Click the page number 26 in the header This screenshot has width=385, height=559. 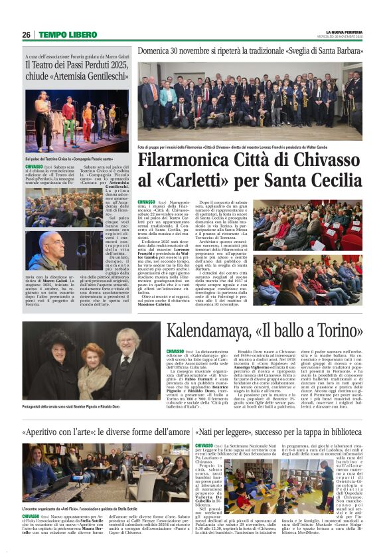click(26, 35)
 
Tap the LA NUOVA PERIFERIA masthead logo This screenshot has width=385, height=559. click(344, 32)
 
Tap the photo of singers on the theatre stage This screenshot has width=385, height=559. click(76, 121)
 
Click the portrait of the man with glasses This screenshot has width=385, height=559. click(44, 250)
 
